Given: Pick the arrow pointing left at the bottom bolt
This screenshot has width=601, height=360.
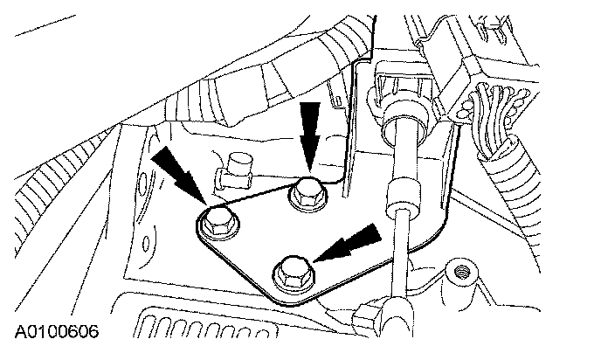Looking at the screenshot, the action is pyautogui.click(x=353, y=242).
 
